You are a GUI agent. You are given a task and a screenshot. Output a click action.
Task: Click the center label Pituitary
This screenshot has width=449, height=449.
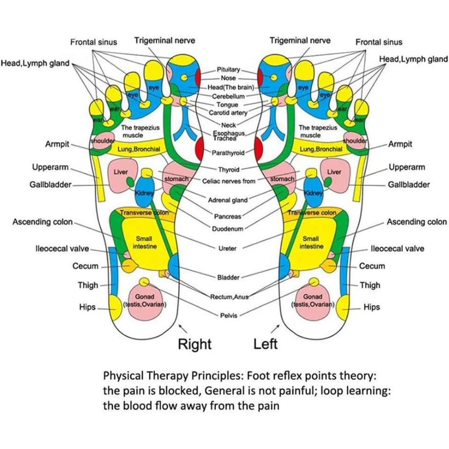pos(228,70)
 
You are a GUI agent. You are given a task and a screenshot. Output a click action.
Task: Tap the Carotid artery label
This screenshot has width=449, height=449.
pos(228,113)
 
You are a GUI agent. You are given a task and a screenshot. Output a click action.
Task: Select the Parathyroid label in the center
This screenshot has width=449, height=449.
pos(228,152)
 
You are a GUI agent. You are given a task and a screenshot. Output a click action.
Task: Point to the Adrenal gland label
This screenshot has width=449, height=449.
pos(228,200)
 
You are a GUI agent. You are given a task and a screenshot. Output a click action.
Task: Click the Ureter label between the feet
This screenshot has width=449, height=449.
pos(228,248)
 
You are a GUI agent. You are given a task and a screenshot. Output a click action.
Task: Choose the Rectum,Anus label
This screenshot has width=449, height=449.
pos(228,296)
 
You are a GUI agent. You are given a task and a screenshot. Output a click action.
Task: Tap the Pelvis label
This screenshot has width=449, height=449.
pos(228,315)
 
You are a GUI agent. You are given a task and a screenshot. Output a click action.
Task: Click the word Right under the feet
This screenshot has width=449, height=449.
pos(195,344)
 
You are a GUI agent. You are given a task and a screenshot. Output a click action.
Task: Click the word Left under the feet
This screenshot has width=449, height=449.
pos(265,344)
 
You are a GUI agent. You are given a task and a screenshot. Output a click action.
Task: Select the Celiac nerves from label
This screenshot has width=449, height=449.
pos(229,181)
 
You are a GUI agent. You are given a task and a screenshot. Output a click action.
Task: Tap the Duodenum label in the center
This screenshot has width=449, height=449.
pos(228,229)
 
